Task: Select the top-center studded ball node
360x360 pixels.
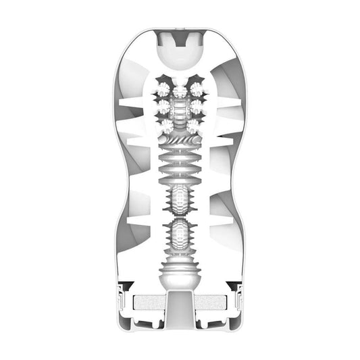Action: point(180,92)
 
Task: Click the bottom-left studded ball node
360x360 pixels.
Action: point(163,124)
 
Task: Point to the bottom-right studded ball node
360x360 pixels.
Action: point(197,124)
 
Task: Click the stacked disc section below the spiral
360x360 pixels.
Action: point(180,166)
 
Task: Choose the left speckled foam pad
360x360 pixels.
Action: point(151,304)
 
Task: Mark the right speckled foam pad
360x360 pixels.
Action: point(209,304)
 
